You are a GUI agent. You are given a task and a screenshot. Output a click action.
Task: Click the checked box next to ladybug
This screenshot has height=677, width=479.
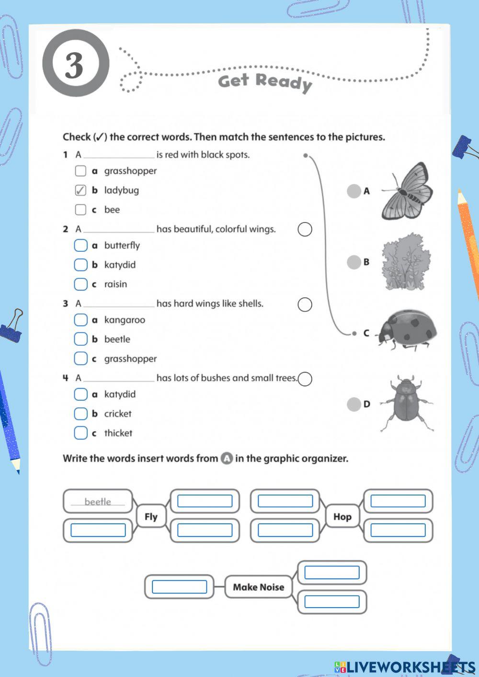click(x=80, y=191)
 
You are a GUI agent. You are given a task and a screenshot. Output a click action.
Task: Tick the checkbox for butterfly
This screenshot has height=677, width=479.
click(x=80, y=246)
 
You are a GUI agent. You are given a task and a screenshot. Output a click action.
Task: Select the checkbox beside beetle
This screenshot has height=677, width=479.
click(x=80, y=339)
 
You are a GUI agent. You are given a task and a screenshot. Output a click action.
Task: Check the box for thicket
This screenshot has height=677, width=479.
click(x=80, y=433)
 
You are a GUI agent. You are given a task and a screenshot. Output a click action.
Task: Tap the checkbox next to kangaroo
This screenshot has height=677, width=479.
click(x=80, y=320)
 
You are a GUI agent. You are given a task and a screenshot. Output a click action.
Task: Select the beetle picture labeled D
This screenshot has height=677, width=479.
click(x=407, y=404)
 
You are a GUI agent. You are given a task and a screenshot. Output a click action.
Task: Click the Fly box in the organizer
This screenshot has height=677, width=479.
click(x=151, y=517)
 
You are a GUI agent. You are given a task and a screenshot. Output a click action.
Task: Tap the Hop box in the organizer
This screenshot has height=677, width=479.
click(x=342, y=517)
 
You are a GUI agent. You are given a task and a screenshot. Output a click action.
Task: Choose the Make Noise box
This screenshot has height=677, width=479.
click(x=258, y=587)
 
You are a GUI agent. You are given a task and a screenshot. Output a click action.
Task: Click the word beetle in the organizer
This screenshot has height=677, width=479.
click(x=98, y=502)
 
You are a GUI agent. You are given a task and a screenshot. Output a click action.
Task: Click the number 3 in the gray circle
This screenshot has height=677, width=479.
click(x=75, y=65)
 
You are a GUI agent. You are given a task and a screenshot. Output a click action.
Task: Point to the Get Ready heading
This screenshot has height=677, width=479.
click(x=265, y=82)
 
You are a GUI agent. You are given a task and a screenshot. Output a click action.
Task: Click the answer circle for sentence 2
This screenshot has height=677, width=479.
click(x=305, y=229)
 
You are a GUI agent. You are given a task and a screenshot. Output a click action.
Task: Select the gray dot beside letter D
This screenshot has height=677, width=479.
click(x=354, y=404)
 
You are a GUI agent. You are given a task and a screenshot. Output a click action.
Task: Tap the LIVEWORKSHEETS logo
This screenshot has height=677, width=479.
click(x=405, y=667)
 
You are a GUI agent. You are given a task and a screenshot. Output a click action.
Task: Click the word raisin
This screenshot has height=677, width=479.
click(x=115, y=284)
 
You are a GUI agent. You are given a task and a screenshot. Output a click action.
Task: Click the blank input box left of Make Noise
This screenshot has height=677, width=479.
click(x=179, y=587)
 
